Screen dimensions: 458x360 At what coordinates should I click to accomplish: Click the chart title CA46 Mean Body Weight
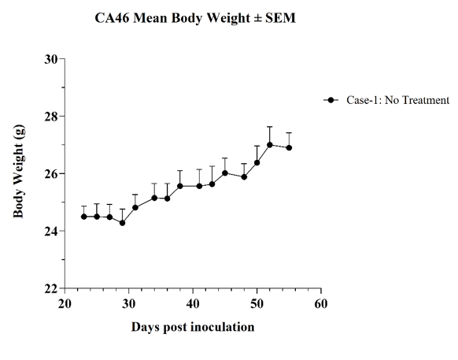pos(172,18)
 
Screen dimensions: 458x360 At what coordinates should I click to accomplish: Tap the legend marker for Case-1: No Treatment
pos(331,100)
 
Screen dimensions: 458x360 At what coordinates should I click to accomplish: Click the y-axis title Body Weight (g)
pos(19,172)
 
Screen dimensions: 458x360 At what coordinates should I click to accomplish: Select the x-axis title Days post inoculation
pos(193,327)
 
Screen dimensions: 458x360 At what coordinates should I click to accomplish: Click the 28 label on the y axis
pos(51,117)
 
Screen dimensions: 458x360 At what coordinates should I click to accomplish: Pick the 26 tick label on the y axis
pos(51,174)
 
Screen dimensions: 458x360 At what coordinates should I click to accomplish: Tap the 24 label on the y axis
pos(51,231)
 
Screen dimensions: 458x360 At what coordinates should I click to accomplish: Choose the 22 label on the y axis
pos(51,288)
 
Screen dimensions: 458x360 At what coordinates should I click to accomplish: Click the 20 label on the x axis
pos(65,304)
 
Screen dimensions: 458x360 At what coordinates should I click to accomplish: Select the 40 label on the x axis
pos(193,304)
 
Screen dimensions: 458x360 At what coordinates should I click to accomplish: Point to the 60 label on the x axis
pos(321,304)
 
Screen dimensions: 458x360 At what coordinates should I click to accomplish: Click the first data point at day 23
pos(84,217)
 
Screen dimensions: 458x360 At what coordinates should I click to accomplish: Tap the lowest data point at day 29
pos(123,223)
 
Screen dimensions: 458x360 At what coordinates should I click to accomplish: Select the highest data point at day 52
pos(270,145)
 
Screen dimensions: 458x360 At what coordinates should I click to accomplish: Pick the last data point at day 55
pos(289,147)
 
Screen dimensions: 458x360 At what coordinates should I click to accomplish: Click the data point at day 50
pos(257,162)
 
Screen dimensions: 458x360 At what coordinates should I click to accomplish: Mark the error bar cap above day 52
pos(270,127)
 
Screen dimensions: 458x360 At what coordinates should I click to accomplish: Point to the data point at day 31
pos(135,208)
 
